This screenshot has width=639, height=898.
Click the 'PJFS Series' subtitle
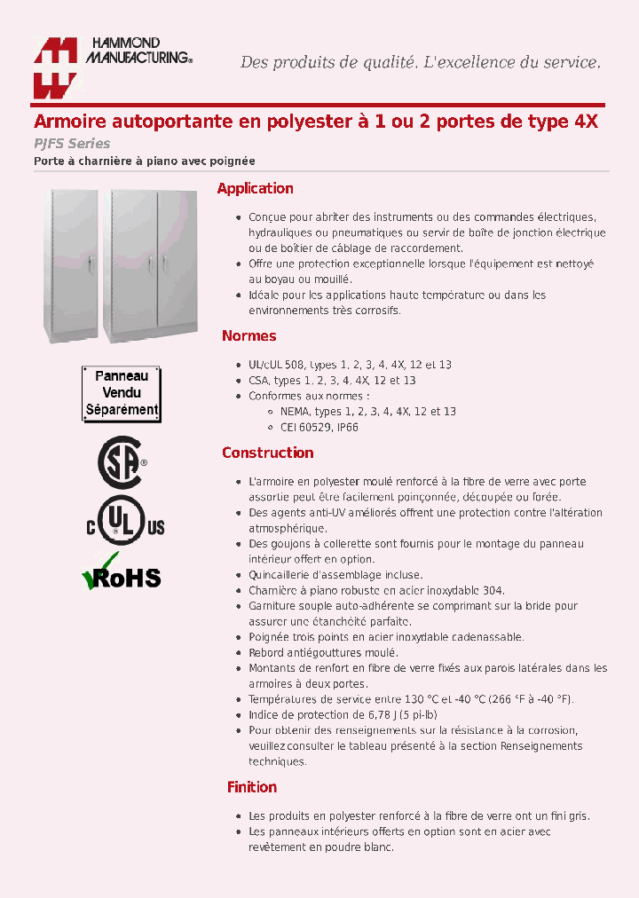click(72, 144)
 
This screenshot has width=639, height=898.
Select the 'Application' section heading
click(255, 188)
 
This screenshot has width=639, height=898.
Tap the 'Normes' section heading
click(248, 335)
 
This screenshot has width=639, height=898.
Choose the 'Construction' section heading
click(267, 453)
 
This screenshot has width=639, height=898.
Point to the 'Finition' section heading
click(251, 787)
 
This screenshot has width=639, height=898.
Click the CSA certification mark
click(121, 463)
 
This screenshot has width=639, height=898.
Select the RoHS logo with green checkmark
click(122, 574)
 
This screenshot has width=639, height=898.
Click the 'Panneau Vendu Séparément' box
click(122, 392)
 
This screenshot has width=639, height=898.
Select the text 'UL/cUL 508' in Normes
click(276, 365)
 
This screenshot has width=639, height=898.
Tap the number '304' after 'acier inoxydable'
click(493, 591)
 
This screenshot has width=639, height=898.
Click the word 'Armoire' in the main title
click(69, 122)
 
